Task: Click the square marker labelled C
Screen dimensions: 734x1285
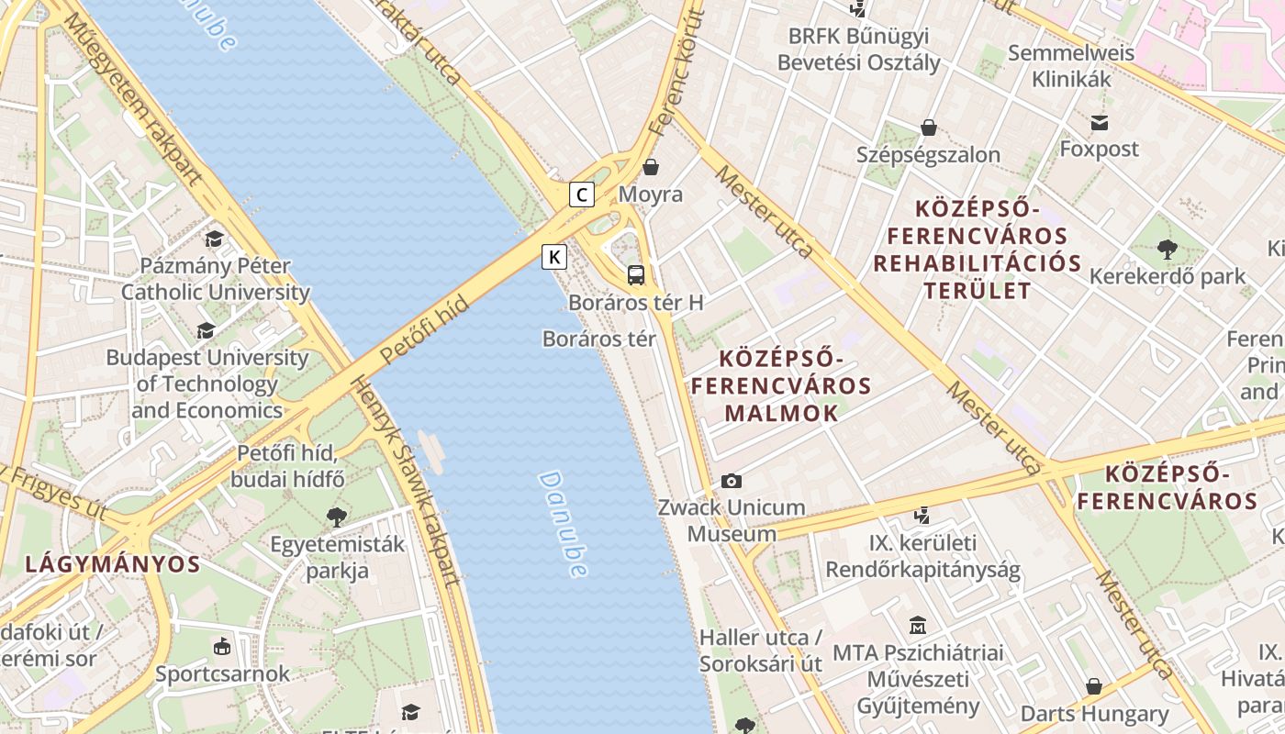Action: [582, 195]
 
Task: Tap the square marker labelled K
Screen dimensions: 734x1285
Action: [554, 257]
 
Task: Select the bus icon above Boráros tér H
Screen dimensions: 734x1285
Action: [636, 274]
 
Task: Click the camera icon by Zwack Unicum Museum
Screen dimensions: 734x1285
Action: [732, 481]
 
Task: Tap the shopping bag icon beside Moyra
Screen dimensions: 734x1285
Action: [651, 167]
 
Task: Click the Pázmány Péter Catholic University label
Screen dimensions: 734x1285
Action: [216, 279]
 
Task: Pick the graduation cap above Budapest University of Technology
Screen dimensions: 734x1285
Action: [207, 330]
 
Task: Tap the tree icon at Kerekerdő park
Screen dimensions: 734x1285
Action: [1168, 249]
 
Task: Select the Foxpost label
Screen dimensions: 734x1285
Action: [1099, 149]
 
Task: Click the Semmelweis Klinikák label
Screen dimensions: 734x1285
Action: [1071, 66]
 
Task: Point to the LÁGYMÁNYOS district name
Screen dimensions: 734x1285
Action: [112, 564]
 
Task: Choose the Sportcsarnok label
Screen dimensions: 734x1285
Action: [222, 673]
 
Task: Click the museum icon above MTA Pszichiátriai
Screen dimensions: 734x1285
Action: [917, 626]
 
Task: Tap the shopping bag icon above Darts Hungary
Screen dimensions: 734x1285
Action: [1094, 686]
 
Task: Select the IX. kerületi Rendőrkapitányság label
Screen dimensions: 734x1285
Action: [922, 556]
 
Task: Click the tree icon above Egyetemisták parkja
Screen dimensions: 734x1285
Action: [337, 517]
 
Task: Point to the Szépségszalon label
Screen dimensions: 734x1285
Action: [928, 154]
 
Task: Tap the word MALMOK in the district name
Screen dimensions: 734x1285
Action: [781, 413]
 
